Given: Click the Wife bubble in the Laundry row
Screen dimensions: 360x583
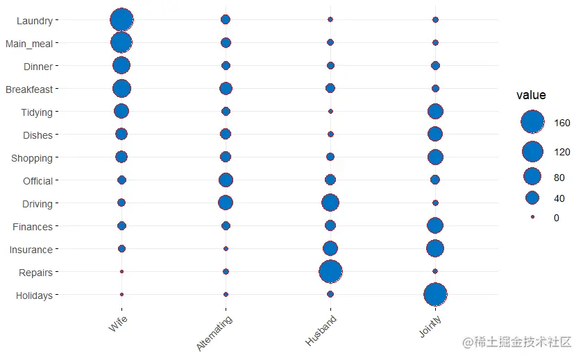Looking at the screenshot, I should tap(121, 19).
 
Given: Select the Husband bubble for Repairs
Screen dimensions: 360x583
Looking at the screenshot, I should tap(330, 271).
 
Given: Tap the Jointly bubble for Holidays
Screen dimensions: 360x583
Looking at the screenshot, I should tap(435, 295).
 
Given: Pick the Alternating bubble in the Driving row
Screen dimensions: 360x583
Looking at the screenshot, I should tap(226, 203).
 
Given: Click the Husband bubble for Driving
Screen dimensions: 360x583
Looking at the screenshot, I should tap(330, 203).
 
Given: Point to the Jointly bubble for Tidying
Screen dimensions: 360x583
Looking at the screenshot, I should tap(435, 111).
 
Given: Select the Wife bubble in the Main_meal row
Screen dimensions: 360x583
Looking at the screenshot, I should tap(121, 42).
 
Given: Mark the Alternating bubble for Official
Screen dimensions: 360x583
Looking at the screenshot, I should tap(226, 180).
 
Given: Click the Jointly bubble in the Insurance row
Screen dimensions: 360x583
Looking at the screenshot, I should tap(435, 248).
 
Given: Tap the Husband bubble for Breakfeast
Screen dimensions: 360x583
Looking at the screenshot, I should tap(330, 88).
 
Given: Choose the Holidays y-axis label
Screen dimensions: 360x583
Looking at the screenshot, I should tap(34, 295).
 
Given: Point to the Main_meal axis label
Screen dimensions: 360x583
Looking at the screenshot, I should tap(29, 44).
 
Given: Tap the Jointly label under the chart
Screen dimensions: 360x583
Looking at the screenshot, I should tap(430, 327).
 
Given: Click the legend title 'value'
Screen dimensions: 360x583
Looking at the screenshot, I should tap(531, 96).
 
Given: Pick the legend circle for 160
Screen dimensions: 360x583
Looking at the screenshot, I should tap(532, 122).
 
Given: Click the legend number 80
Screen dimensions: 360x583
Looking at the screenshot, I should tap(559, 178).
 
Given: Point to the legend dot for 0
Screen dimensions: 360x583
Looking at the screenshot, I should tap(532, 217).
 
